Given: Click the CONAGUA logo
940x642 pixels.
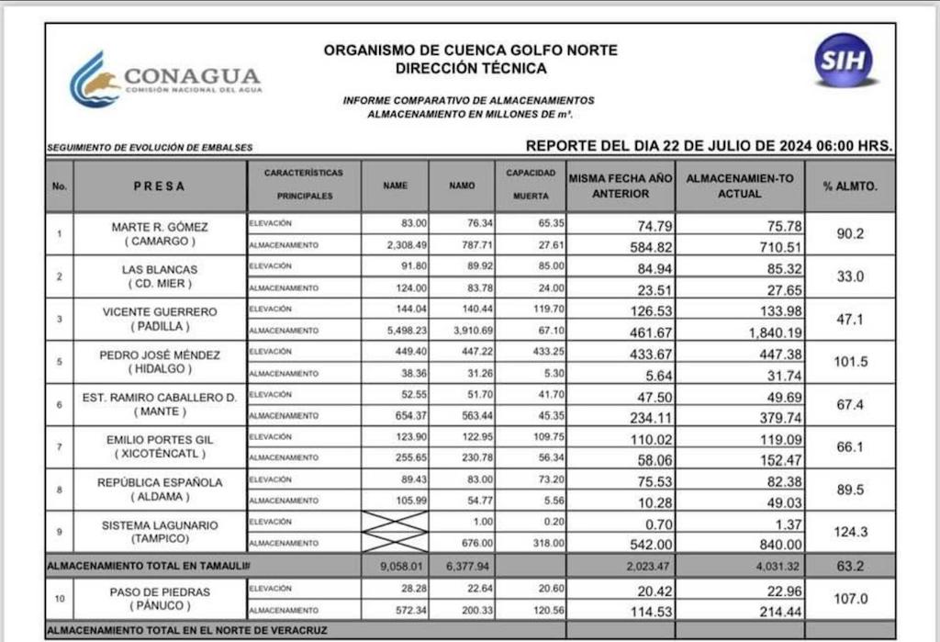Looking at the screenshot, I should pos(165,80).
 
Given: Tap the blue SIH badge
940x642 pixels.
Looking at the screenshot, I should pos(843,61).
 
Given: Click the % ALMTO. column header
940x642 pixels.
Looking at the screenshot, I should pos(849,186).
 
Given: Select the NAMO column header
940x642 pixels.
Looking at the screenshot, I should pos(462,186).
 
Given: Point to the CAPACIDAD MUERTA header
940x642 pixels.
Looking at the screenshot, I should pos(531,185).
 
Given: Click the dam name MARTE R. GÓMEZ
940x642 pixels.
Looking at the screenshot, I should pos(160,227).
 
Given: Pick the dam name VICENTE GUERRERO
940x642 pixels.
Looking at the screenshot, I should pos(160,311).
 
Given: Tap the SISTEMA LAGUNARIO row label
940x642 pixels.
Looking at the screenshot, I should pos(160,524).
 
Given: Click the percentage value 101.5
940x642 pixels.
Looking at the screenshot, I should pos(849,362).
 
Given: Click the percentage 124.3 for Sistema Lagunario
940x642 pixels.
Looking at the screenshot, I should pos(849,532).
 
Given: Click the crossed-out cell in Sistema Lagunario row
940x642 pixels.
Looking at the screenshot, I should pos(396,532).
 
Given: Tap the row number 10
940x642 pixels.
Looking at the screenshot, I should pos(60,599).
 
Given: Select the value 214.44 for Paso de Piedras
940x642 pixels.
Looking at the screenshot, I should pos(761,610).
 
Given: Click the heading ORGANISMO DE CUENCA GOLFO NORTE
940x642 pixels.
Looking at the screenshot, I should pos(470,51).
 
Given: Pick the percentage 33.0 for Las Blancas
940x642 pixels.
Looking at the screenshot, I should pos(849,276).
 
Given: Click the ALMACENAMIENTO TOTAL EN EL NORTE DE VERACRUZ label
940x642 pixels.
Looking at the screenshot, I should pos(187,630).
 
